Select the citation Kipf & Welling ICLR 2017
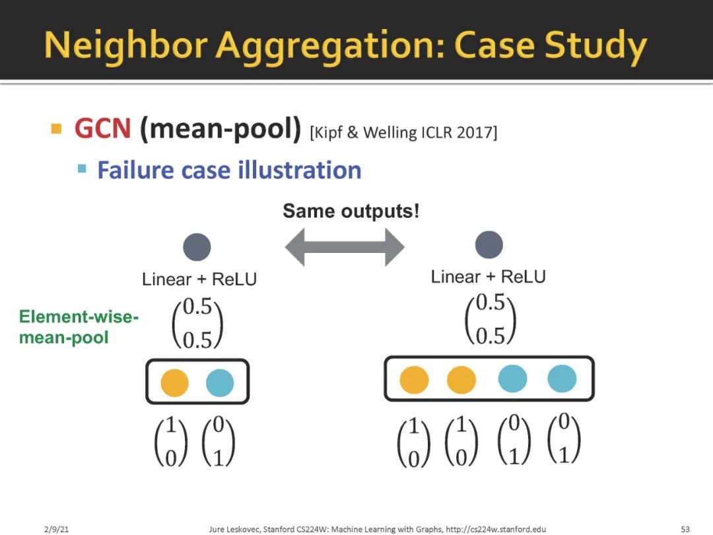pos(403,132)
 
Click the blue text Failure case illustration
pos(229,170)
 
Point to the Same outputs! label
pos(351,211)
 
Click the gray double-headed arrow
pos(344,247)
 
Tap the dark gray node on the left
pos(197,248)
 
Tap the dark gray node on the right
pos(489,245)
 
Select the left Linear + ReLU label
pos(199,279)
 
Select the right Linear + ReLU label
pos(489,277)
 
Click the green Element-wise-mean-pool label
pos(79,327)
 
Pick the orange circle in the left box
pos(174,382)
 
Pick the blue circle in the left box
pos(220,382)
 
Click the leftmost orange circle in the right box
pos(414,380)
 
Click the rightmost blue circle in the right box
pos(562,379)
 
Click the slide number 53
pos(685,529)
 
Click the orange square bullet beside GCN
pos(56,128)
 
